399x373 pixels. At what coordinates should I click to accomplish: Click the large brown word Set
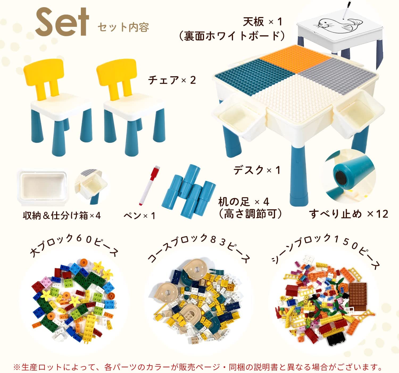click(62, 22)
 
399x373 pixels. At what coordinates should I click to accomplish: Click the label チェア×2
click(172, 80)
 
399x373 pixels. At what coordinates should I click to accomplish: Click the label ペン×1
click(139, 216)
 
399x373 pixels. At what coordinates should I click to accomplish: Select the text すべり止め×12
click(348, 214)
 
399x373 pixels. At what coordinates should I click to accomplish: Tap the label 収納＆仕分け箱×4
click(62, 216)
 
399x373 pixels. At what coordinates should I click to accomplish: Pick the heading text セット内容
click(123, 27)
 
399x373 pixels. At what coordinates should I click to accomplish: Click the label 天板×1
click(263, 22)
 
